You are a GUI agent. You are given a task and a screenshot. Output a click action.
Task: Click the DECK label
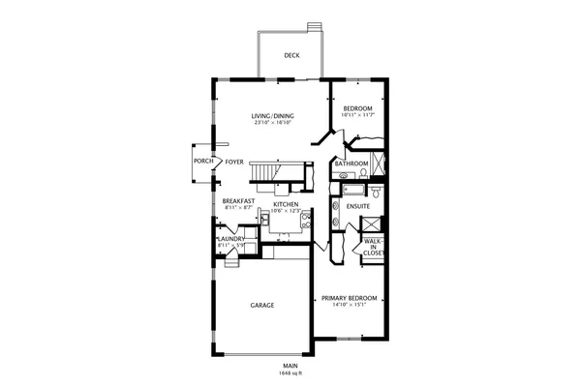coord(290,55)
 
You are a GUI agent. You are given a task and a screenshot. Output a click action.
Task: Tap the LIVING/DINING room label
coord(273,116)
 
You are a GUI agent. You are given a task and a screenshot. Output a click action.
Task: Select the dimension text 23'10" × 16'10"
coord(273,123)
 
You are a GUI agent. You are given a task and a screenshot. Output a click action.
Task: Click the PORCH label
coord(202,162)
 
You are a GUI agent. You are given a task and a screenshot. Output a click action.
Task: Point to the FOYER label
coord(233,162)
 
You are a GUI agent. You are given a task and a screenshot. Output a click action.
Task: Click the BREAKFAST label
coord(238,201)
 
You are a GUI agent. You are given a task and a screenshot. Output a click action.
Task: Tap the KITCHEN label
coord(285,205)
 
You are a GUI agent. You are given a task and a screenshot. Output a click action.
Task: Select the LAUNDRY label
coord(230,238)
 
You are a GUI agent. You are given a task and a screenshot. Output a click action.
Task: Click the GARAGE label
coord(261,305)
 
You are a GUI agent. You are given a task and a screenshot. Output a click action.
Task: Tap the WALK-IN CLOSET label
coord(373,247)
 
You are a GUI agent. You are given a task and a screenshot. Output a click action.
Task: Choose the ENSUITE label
coord(358,206)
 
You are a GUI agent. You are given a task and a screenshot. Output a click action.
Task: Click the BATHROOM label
coord(351,164)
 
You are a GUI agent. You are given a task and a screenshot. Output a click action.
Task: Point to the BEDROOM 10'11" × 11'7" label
coord(357,108)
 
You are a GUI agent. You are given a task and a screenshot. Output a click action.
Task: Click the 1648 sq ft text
coord(289,372)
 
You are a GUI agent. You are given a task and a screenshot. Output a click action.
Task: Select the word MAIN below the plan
coord(289,366)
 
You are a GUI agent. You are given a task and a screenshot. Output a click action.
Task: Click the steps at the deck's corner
coord(313,28)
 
